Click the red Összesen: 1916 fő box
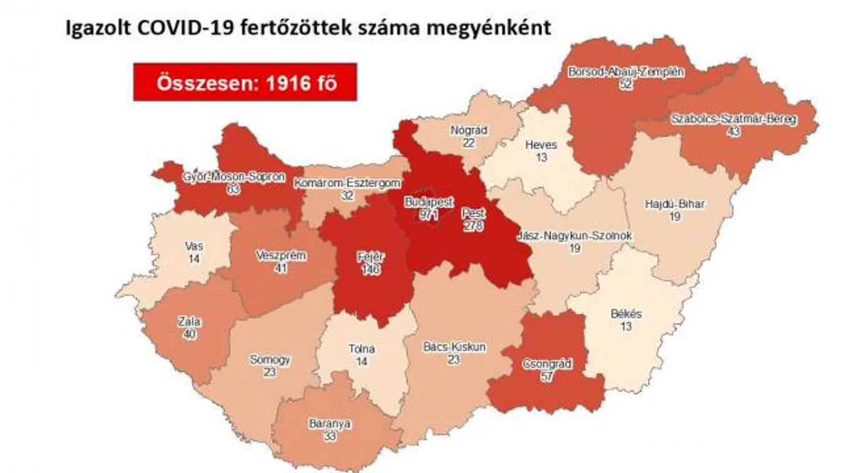point(245,82)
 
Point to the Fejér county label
point(370,257)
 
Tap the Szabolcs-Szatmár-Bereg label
point(734,119)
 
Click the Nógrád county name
point(468,130)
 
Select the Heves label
point(541,145)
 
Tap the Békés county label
point(626,314)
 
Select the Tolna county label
point(361,349)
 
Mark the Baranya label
point(330,424)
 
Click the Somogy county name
point(270,359)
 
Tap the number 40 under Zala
point(189,334)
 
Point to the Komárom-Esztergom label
point(347,183)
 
